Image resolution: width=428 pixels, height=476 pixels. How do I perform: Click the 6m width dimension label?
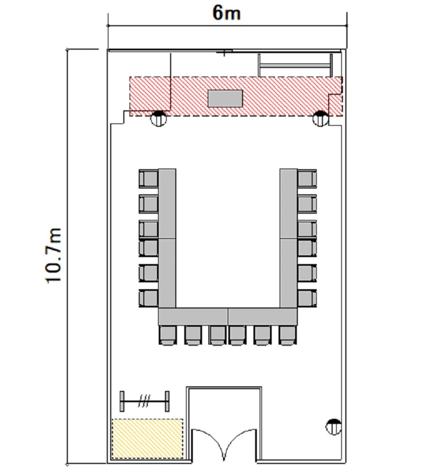(227, 13)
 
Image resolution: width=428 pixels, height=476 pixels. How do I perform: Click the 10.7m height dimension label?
(54, 255)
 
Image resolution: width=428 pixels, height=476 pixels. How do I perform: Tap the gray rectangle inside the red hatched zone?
(225, 98)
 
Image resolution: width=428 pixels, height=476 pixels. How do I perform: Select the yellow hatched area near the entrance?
(148, 438)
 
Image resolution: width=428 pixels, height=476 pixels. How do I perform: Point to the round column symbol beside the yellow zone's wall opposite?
(333, 427)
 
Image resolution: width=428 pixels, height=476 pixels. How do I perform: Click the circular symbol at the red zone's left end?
(159, 118)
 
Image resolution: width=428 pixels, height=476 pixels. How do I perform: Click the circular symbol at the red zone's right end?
(320, 118)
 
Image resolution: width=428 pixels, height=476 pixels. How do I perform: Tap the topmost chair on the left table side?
(148, 178)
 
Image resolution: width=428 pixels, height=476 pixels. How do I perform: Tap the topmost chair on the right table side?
(307, 178)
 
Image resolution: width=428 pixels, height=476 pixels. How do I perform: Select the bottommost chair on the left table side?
(148, 298)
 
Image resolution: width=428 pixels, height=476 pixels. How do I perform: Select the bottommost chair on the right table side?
(307, 298)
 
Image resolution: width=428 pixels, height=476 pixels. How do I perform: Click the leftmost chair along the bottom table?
(167, 335)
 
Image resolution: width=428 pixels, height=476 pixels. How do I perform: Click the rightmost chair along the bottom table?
(288, 335)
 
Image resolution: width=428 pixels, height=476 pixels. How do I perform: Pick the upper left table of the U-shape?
(167, 203)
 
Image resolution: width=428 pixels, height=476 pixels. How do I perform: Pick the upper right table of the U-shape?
(288, 203)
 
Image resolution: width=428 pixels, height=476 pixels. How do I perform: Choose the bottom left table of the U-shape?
(193, 317)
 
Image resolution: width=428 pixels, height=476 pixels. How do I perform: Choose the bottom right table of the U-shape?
(263, 317)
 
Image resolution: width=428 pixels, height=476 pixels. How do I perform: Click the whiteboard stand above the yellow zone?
(144, 401)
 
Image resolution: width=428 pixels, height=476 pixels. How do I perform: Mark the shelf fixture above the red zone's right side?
(295, 65)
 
